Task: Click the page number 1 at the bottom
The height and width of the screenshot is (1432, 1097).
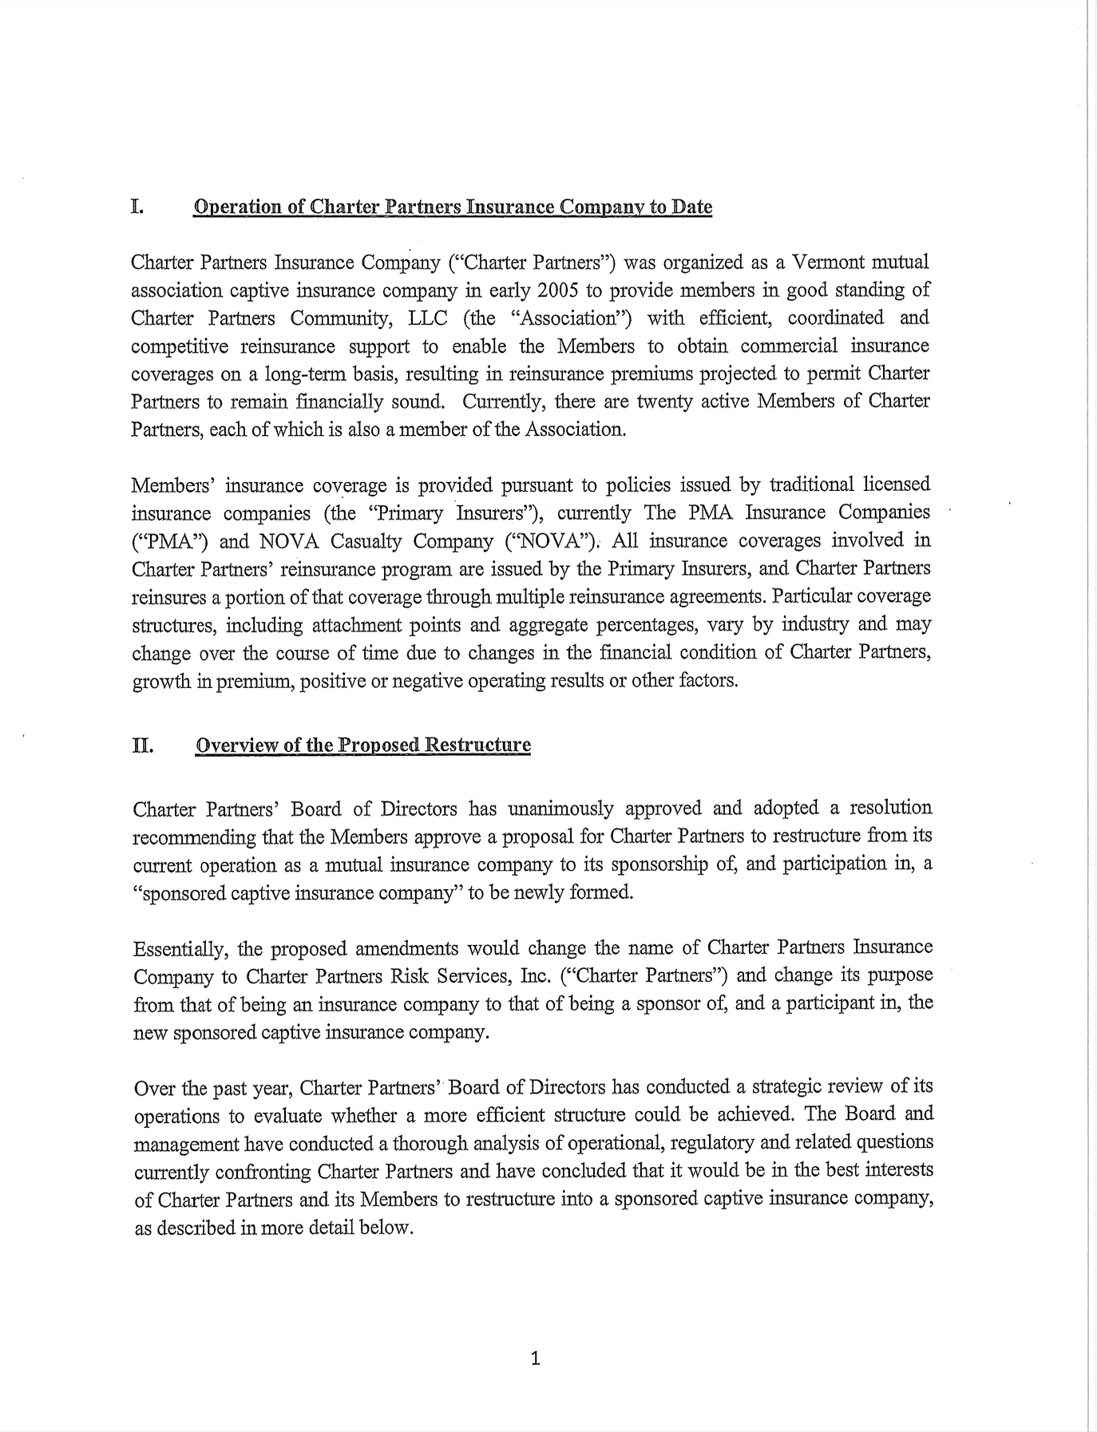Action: coord(535,1358)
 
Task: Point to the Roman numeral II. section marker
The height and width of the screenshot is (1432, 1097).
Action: coord(143,746)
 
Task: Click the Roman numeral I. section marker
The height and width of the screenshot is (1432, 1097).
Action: coord(137,207)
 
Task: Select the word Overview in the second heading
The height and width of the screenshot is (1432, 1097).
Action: coord(236,746)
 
